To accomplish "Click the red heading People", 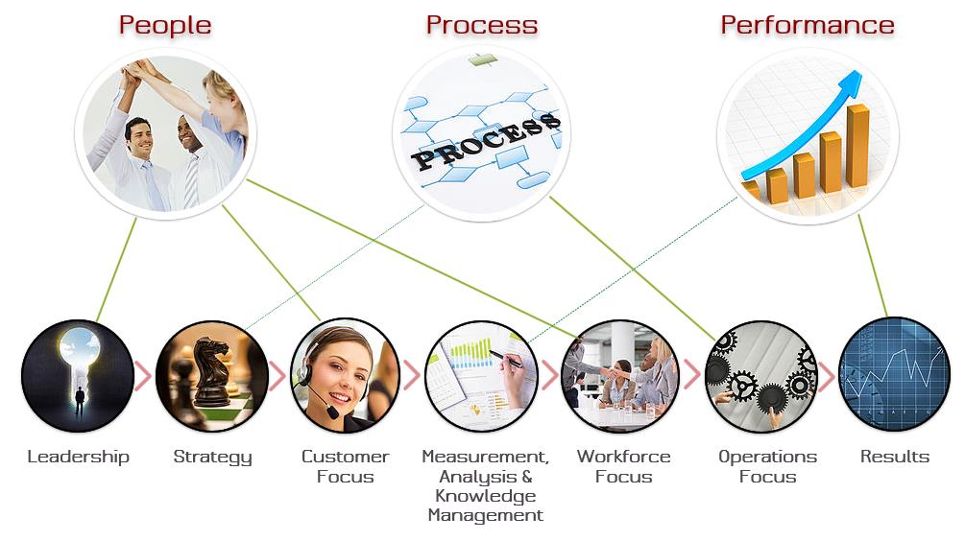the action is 165,26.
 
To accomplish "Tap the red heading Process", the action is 482,25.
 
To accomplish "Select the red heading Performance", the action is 808,25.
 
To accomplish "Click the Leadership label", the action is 78,457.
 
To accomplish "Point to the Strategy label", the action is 212,458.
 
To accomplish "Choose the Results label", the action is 895,457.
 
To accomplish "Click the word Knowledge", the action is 486,497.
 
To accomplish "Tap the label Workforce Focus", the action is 623,466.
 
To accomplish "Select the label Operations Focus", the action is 767,466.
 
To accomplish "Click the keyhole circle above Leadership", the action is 78,376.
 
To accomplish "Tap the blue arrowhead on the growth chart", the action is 851,83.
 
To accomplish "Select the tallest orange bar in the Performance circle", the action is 857,147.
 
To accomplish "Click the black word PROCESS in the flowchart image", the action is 486,141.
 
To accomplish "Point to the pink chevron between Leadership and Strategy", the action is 143,376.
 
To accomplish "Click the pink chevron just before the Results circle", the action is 827,376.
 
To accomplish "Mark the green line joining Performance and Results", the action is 873,267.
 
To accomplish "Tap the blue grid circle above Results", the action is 895,374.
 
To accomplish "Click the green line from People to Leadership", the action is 116,270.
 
